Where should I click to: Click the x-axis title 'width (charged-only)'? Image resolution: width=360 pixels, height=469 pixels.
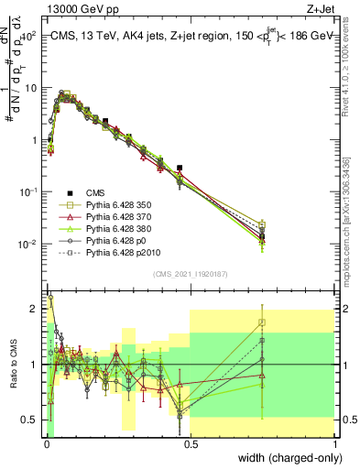point(287,458)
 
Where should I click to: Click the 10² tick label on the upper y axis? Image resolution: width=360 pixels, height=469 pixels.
point(28,36)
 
